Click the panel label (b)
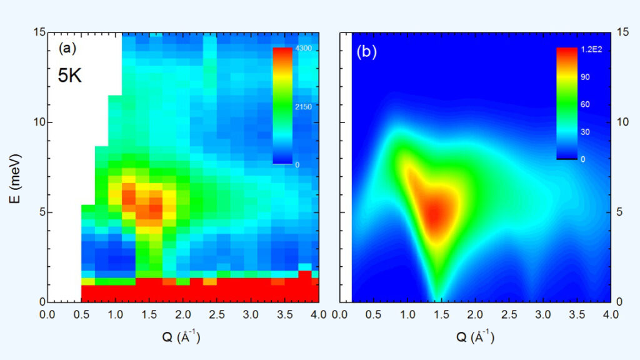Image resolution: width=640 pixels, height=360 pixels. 366,52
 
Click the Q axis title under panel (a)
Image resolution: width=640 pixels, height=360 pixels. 182,337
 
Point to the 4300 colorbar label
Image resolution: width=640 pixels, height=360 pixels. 304,49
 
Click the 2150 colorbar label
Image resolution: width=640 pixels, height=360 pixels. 304,107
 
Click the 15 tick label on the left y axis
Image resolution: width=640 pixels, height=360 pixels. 37,32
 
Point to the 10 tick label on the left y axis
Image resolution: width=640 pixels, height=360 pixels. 37,122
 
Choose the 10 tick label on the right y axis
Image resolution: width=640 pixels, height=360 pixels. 622,122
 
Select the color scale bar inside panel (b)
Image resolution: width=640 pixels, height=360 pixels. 567,104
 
